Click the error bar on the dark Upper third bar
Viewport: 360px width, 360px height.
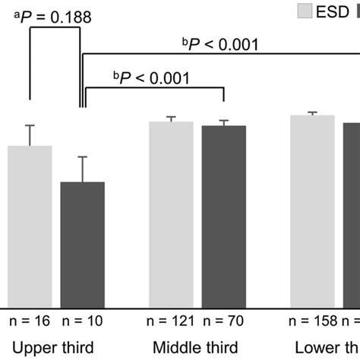click(82, 169)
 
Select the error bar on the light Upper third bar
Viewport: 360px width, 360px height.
click(30, 135)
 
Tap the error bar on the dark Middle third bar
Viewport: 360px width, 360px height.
click(223, 122)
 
